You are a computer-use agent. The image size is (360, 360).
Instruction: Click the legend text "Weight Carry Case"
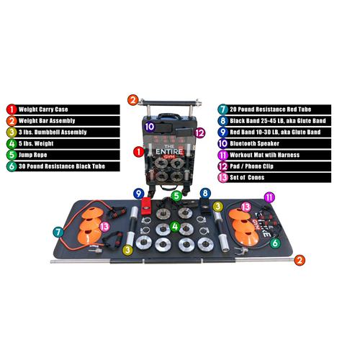click(43, 109)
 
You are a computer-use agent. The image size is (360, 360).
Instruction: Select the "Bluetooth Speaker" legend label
click(254, 143)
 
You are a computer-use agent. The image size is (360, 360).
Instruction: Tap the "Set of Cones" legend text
click(247, 177)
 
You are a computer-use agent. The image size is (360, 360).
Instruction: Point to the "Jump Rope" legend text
click(32, 155)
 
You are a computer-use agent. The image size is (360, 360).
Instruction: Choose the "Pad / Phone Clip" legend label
click(251, 166)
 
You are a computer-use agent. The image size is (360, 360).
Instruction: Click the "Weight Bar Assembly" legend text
click(47, 121)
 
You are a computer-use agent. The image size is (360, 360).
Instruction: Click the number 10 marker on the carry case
click(149, 127)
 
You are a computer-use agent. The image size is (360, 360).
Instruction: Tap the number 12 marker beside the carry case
click(199, 132)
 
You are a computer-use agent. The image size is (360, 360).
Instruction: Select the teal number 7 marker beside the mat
click(58, 232)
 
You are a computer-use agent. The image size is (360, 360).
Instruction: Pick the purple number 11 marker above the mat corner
click(269, 197)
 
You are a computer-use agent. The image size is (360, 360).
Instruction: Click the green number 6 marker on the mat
click(275, 243)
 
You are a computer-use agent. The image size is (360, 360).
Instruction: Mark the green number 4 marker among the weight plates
click(175, 226)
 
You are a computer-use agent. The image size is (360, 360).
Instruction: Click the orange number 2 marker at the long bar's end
click(300, 260)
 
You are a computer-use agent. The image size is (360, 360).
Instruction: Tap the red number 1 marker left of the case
click(138, 152)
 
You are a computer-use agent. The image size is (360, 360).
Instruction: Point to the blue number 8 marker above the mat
click(205, 193)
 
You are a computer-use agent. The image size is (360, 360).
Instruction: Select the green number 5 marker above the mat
click(176, 196)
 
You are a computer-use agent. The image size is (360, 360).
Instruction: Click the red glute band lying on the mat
click(145, 206)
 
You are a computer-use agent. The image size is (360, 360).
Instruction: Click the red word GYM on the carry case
click(169, 157)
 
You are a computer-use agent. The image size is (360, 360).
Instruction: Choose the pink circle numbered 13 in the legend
click(223, 178)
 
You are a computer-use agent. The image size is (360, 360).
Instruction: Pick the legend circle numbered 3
click(12, 132)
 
